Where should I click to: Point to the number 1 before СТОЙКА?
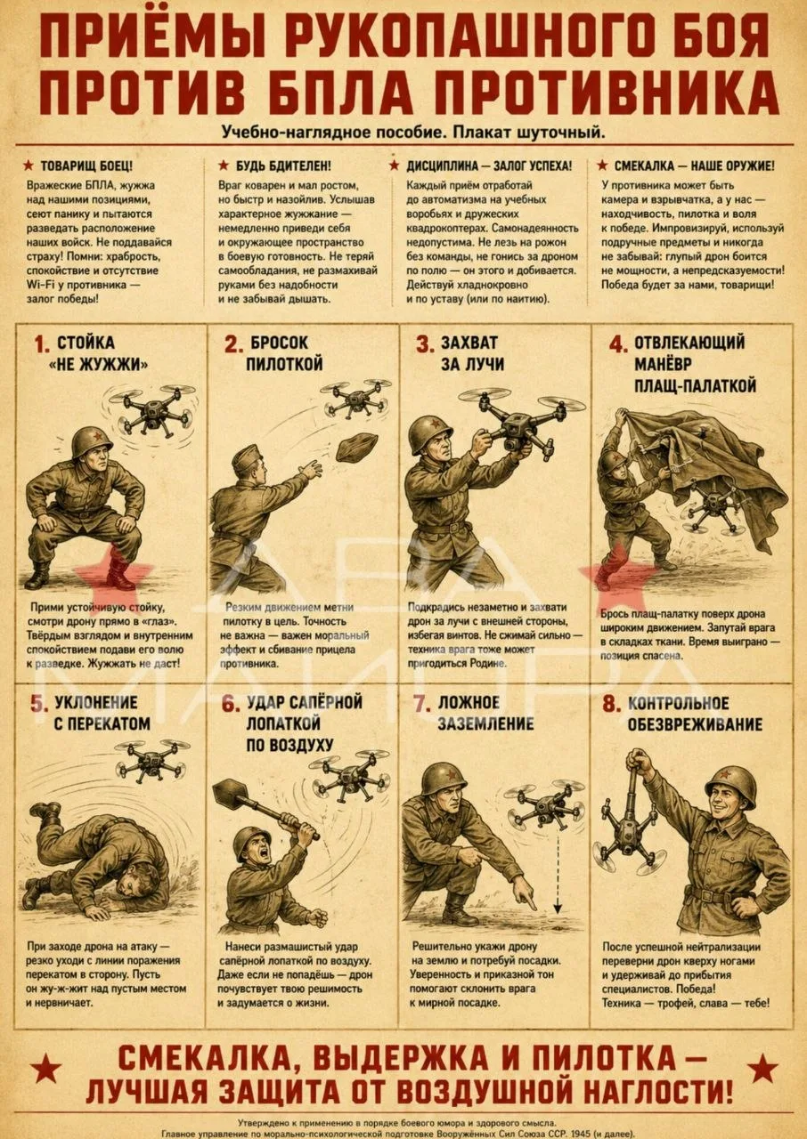coord(42,344)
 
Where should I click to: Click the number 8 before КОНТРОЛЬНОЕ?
coord(609,705)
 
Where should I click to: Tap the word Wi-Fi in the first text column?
coord(38,285)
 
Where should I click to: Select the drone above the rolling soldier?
coord(151,760)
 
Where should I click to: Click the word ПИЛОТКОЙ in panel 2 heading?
coord(284,364)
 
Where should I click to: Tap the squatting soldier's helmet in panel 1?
coord(92,443)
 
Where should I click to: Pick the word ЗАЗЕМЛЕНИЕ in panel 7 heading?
coord(486,723)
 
